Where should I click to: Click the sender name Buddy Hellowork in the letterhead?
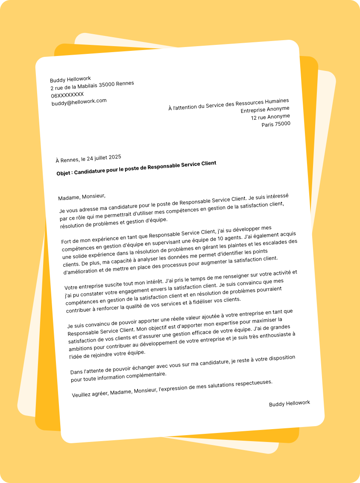(x=70, y=80)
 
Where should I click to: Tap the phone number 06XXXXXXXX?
(x=67, y=95)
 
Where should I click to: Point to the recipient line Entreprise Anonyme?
(x=265, y=110)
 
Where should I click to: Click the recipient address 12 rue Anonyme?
(x=270, y=117)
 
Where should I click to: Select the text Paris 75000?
(x=276, y=124)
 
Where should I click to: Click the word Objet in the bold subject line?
(x=64, y=174)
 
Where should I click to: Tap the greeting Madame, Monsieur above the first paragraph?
(x=82, y=197)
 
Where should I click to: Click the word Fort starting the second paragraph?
(x=67, y=241)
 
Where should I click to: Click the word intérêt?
(x=151, y=281)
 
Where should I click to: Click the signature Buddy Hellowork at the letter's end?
(x=289, y=403)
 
